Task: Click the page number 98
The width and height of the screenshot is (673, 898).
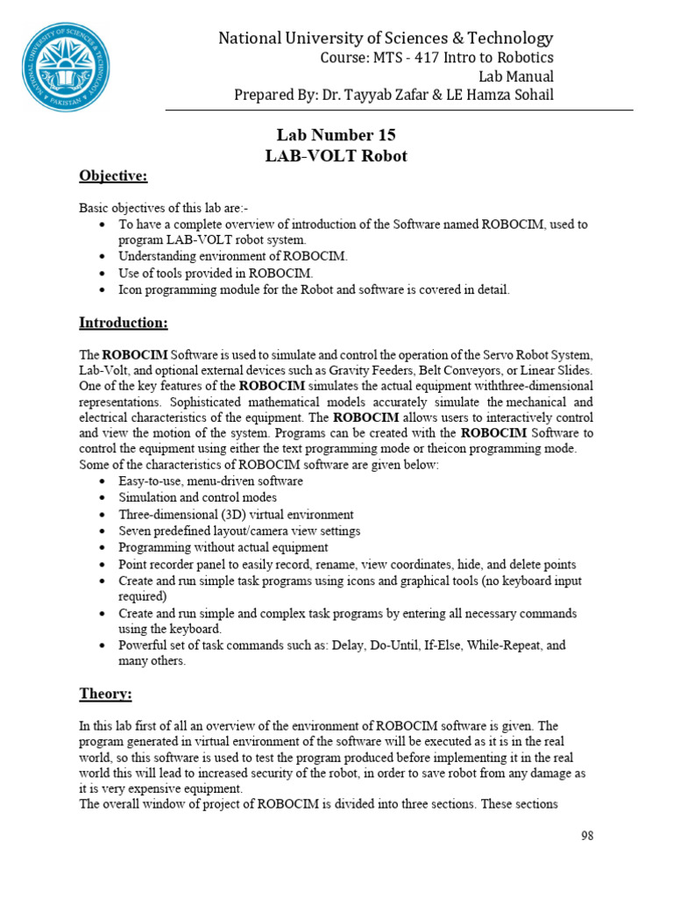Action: click(587, 836)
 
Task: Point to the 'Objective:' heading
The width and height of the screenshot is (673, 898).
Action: click(113, 177)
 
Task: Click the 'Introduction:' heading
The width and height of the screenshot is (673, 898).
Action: click(124, 323)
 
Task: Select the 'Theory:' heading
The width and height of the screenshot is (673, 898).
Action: click(105, 694)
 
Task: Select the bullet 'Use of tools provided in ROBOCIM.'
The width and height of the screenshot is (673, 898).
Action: click(216, 272)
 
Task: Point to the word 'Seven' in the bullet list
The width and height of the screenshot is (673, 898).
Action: click(136, 531)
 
